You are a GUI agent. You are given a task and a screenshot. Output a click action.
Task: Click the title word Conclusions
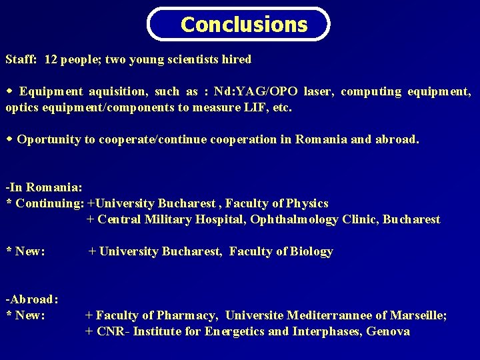point(244,25)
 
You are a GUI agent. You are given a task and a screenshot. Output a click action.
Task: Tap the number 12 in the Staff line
point(51,59)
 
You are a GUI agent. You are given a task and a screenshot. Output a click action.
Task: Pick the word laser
point(318,91)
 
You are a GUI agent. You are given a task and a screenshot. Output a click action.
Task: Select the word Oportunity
point(49,139)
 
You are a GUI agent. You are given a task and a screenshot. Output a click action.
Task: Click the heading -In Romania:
point(43,187)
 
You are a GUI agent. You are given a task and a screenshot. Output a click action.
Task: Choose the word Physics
point(305,203)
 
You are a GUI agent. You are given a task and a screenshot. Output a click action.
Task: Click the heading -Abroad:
point(32,299)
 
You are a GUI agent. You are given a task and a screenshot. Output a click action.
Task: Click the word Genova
point(388,331)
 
